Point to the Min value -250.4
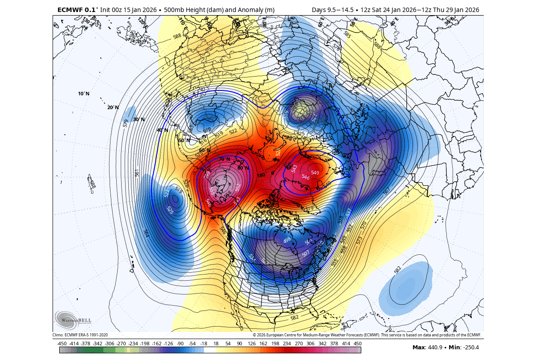(x=470, y=348)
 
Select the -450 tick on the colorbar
(x=62, y=344)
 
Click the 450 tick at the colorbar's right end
(x=357, y=344)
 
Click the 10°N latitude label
(x=84, y=94)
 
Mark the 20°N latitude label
(x=113, y=107)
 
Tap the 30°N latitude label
(x=139, y=119)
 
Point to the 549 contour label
(x=315, y=172)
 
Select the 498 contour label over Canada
(x=287, y=240)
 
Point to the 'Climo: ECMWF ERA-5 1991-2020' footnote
(x=80, y=335)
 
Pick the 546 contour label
(x=306, y=177)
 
